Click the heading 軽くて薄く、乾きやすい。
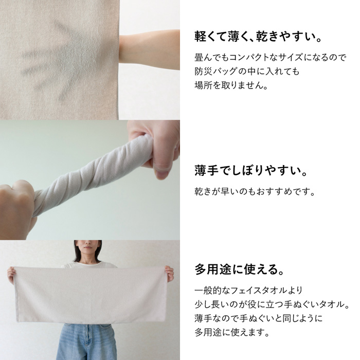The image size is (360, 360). tap(258, 37)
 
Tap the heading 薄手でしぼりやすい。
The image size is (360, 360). tap(251, 171)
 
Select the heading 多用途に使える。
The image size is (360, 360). tap(240, 269)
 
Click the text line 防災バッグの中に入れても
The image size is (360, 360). tap(247, 71)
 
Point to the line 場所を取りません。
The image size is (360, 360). tap(231, 85)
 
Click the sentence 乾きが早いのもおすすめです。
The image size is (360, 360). tap(255, 191)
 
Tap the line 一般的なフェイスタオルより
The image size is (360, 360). tap(248, 291)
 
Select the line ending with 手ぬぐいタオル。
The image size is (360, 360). tap(272, 304)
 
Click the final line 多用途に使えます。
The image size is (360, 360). tap(232, 332)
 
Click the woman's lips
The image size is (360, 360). tap(87, 248)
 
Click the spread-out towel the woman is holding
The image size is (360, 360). tap(91, 294)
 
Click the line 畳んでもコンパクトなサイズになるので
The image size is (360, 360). tap(270, 58)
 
